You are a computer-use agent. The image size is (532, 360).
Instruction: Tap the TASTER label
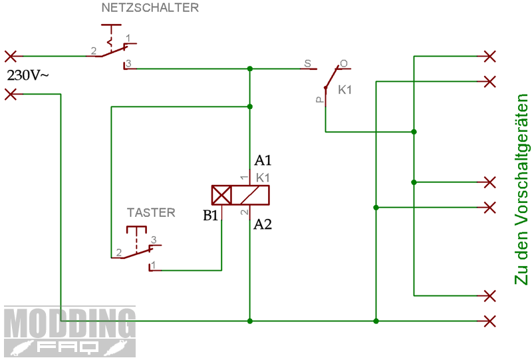pos(151,213)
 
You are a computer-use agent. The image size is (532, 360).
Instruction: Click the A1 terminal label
pos(263,160)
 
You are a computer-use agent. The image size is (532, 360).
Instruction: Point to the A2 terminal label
pos(263,224)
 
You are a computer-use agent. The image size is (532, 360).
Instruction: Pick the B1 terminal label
pos(211,215)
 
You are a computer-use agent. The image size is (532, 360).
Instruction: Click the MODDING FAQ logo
pos(69,332)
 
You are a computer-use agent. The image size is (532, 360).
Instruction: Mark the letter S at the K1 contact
pos(307,64)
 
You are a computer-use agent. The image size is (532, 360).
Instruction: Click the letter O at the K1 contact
pos(344,64)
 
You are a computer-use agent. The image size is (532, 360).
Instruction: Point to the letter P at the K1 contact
pos(320,100)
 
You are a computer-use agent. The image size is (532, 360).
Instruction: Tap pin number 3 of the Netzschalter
pos(128,64)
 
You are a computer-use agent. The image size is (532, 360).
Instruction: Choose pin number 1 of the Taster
pos(154,266)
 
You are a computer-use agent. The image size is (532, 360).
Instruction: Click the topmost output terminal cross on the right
pos(490,56)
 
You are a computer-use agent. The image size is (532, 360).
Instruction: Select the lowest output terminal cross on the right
pos(490,321)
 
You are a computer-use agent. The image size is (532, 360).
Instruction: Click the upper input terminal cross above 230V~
pos(10,56)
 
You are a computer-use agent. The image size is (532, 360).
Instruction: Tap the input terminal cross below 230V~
pos(10,94)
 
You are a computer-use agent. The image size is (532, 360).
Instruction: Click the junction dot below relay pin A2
pos(249,321)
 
